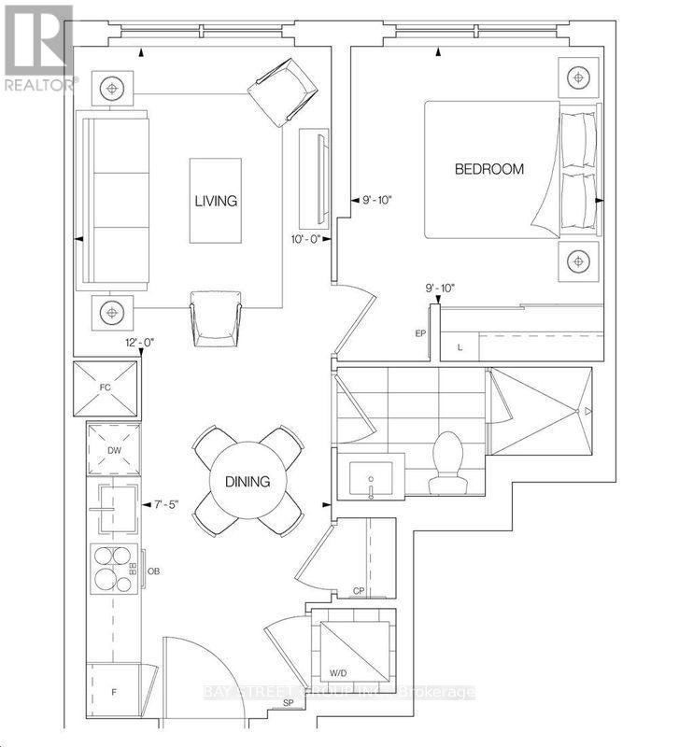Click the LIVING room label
point(215,201)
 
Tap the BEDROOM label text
point(488,169)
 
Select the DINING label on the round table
point(247,482)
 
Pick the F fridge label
point(113,693)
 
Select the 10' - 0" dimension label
point(306,239)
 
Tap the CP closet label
point(358,590)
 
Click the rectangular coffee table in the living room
point(215,201)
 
